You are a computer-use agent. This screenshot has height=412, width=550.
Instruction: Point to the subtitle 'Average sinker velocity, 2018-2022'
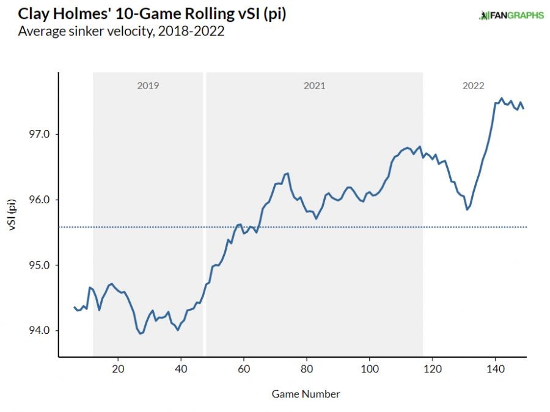coord(122,31)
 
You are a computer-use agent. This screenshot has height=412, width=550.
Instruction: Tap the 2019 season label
coord(148,86)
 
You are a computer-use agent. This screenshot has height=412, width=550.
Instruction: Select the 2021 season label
coord(314,86)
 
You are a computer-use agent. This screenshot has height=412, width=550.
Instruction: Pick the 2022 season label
coord(474,86)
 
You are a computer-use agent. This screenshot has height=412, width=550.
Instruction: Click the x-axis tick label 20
coord(118,369)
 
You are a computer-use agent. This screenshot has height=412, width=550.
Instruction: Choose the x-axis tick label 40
coord(181,369)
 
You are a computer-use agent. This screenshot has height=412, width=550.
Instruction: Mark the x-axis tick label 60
coord(244,369)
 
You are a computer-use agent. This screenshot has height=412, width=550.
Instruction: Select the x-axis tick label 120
coord(432,369)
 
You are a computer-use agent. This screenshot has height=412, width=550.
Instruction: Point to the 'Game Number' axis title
coord(306,394)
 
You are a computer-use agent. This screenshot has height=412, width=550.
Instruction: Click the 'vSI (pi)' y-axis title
coord(14,213)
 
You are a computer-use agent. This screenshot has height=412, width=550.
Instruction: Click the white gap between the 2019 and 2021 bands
coord(204,214)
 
